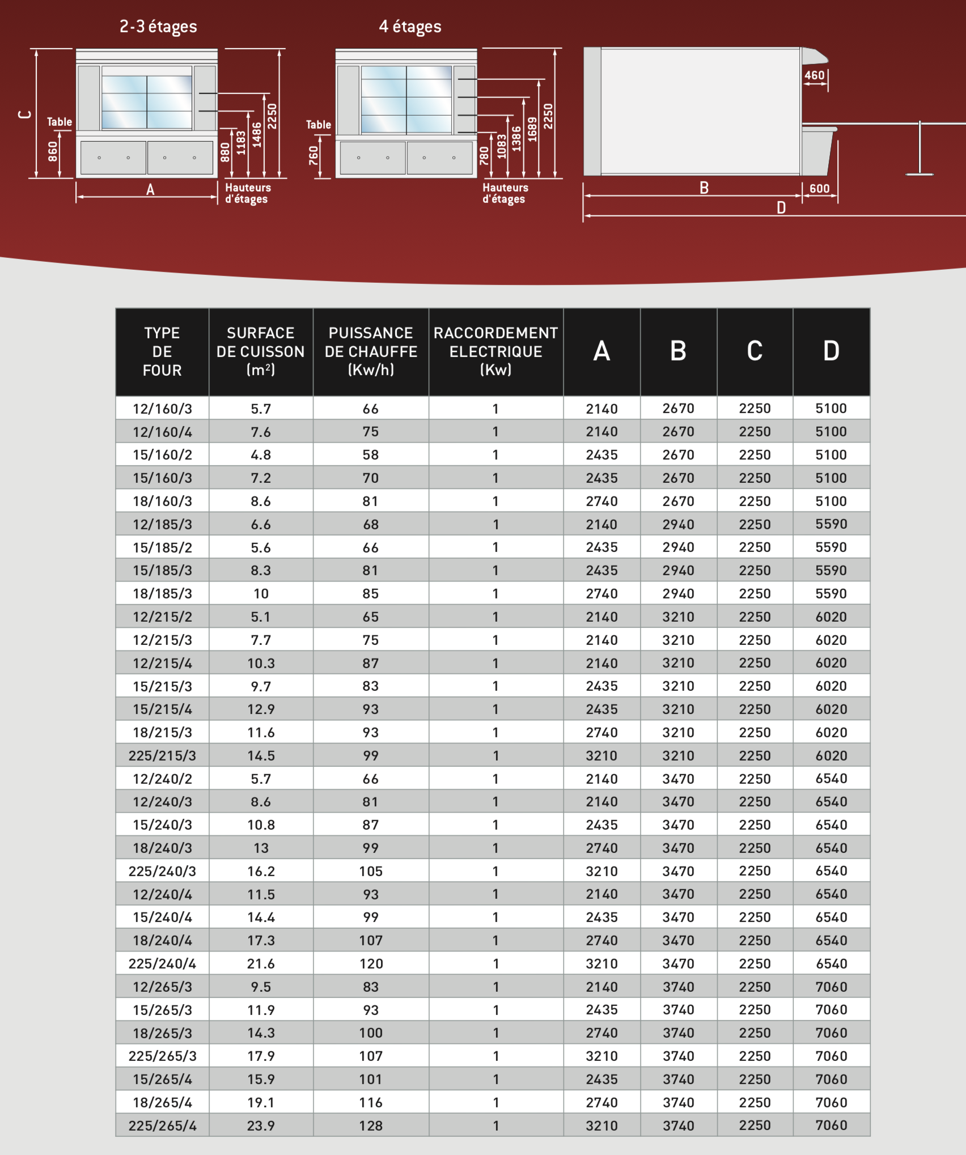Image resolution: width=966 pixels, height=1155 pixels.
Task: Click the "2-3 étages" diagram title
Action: point(158,27)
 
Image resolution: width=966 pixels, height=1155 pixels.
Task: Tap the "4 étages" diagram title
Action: point(410,27)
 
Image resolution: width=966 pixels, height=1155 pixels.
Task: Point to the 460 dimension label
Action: point(814,75)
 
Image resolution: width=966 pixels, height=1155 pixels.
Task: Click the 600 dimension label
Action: point(819,189)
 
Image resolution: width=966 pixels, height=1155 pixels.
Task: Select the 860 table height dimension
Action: point(53,152)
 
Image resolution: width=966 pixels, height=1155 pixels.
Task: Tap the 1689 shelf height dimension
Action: point(532,129)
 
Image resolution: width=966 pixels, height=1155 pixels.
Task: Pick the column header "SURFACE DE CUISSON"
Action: point(261,351)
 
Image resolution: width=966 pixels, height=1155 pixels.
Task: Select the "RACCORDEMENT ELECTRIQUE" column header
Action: point(495,351)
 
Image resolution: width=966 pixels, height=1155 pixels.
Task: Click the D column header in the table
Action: point(831,351)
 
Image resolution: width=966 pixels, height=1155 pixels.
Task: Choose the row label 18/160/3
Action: point(162,501)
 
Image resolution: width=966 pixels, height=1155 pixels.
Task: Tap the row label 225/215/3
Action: point(162,755)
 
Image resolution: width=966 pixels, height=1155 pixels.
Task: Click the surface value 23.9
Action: point(261,1126)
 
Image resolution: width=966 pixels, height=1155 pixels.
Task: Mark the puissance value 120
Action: point(371,963)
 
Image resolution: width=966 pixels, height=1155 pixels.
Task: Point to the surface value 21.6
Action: point(261,963)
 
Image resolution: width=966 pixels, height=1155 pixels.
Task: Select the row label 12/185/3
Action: point(162,524)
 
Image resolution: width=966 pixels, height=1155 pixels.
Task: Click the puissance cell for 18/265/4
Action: point(371,1102)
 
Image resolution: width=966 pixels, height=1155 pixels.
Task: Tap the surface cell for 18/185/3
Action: point(261,593)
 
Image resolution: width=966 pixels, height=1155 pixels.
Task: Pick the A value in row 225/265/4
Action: point(601,1126)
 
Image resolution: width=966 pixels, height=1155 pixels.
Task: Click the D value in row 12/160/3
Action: point(831,409)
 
